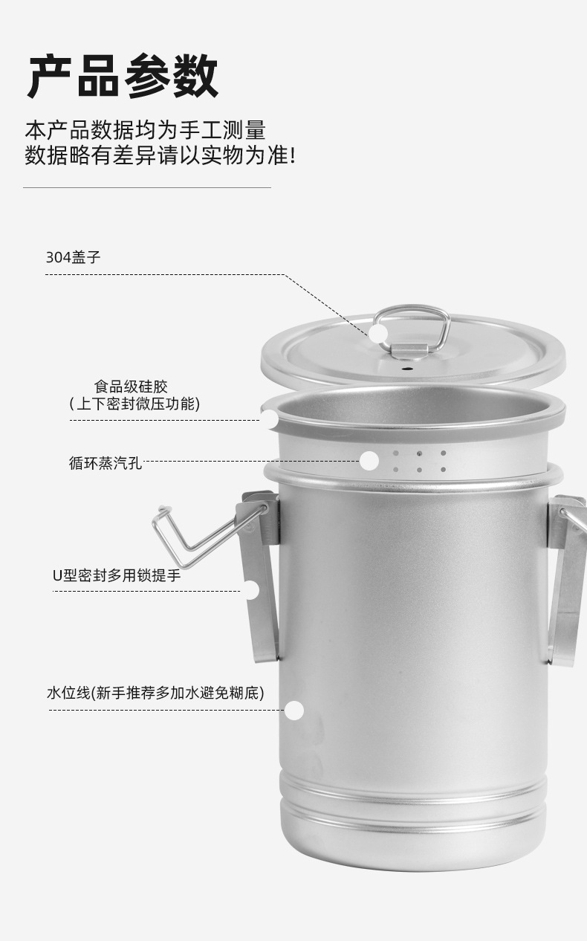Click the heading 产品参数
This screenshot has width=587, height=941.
[x=123, y=76]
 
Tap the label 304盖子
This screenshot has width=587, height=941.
[x=73, y=258]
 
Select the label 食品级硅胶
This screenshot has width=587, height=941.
[x=131, y=387]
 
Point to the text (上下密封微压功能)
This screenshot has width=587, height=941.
[x=134, y=404]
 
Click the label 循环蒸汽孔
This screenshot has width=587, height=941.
[x=105, y=463]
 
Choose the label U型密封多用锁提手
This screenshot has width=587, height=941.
[x=117, y=575]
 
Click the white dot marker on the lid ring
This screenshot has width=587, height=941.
[x=379, y=333]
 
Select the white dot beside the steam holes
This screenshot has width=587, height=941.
[x=369, y=461]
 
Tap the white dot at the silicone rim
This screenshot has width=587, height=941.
[x=269, y=419]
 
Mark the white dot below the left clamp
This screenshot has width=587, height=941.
[x=251, y=590]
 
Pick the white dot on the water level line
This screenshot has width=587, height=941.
[x=295, y=711]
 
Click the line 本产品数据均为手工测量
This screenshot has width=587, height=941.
[x=145, y=130]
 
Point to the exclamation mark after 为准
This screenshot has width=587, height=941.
[x=291, y=156]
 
